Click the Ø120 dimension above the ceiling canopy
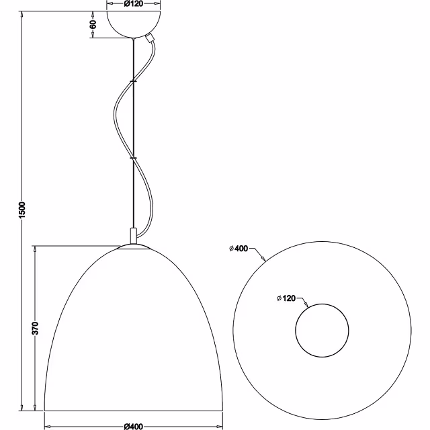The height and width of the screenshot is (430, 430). [134, 4]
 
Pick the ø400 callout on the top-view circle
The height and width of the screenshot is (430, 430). [239, 249]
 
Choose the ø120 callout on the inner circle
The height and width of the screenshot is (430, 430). [287, 298]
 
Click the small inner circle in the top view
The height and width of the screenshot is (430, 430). [322, 331]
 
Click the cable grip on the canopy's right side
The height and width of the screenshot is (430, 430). [150, 40]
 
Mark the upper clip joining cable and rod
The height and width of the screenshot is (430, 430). [133, 81]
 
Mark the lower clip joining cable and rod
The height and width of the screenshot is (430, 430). [133, 159]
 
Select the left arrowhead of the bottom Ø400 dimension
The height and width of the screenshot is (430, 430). [47, 425]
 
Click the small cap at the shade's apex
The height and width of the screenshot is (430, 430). [134, 247]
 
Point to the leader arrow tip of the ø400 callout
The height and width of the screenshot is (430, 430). [265, 259]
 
